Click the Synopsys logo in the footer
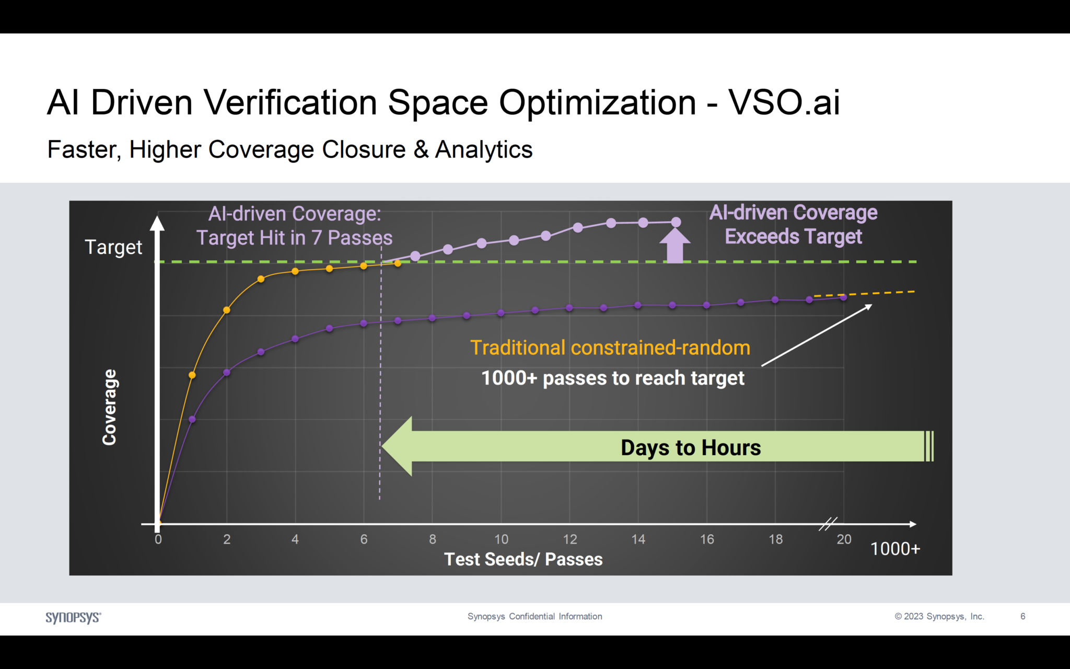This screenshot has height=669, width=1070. click(x=73, y=617)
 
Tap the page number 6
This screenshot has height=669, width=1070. click(x=1022, y=617)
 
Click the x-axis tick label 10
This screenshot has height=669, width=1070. click(x=501, y=539)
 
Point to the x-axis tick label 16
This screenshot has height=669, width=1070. click(x=707, y=539)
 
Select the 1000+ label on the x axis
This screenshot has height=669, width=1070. click(x=895, y=549)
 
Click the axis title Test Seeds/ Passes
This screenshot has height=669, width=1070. click(x=523, y=559)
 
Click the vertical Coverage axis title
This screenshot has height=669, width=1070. click(x=109, y=407)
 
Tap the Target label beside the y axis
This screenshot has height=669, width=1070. click(x=113, y=247)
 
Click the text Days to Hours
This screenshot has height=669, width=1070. click(x=690, y=448)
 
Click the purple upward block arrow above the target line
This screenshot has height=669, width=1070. click(x=675, y=246)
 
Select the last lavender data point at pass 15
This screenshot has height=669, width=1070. click(x=676, y=222)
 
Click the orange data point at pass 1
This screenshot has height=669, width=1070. click(x=192, y=375)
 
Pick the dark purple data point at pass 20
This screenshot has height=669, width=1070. click(x=843, y=297)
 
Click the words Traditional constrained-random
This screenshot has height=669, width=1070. click(x=610, y=348)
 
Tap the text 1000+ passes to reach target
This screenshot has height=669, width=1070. click(x=612, y=378)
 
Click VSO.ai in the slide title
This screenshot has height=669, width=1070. click(x=784, y=102)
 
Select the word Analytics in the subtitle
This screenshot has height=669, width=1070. click(x=484, y=149)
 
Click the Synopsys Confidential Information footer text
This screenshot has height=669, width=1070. click(x=534, y=617)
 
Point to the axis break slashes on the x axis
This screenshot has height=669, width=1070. click(x=828, y=523)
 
